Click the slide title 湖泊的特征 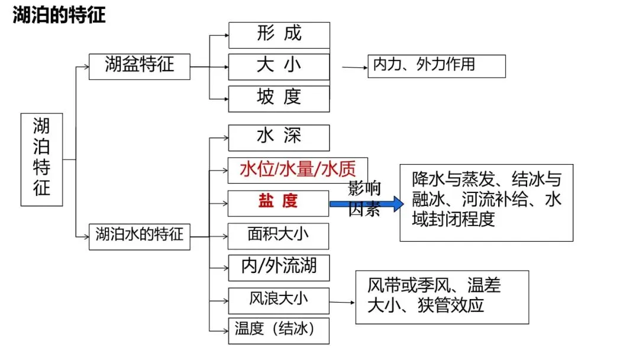coord(59,15)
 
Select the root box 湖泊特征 coord(41,159)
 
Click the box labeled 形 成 coord(279,35)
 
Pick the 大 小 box coord(279,66)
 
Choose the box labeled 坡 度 coord(279,98)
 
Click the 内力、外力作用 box coord(437,66)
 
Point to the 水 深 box coord(279,137)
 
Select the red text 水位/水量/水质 coord(298,170)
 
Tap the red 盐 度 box coord(278,202)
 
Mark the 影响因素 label coord(364,198)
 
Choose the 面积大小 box coord(278,235)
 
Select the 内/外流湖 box coord(278,267)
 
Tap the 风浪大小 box coord(278,300)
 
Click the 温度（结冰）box coord(278,330)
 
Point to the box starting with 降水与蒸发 coord(486,202)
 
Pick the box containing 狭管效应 coord(441,297)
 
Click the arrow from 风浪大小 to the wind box coord(342,303)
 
